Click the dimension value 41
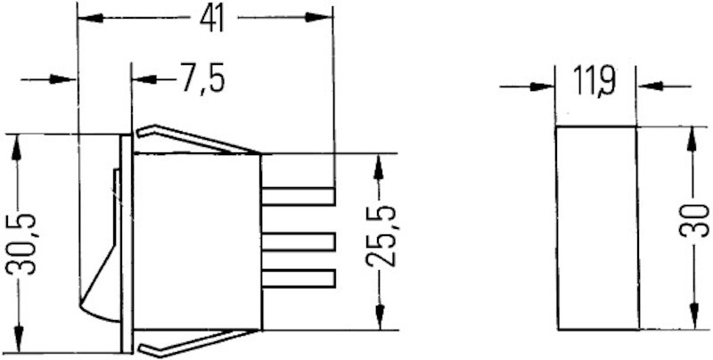[x=211, y=19]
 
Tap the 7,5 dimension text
[x=201, y=79]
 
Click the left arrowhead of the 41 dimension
[x=90, y=18]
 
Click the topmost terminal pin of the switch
[x=298, y=195]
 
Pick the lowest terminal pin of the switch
[x=298, y=278]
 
